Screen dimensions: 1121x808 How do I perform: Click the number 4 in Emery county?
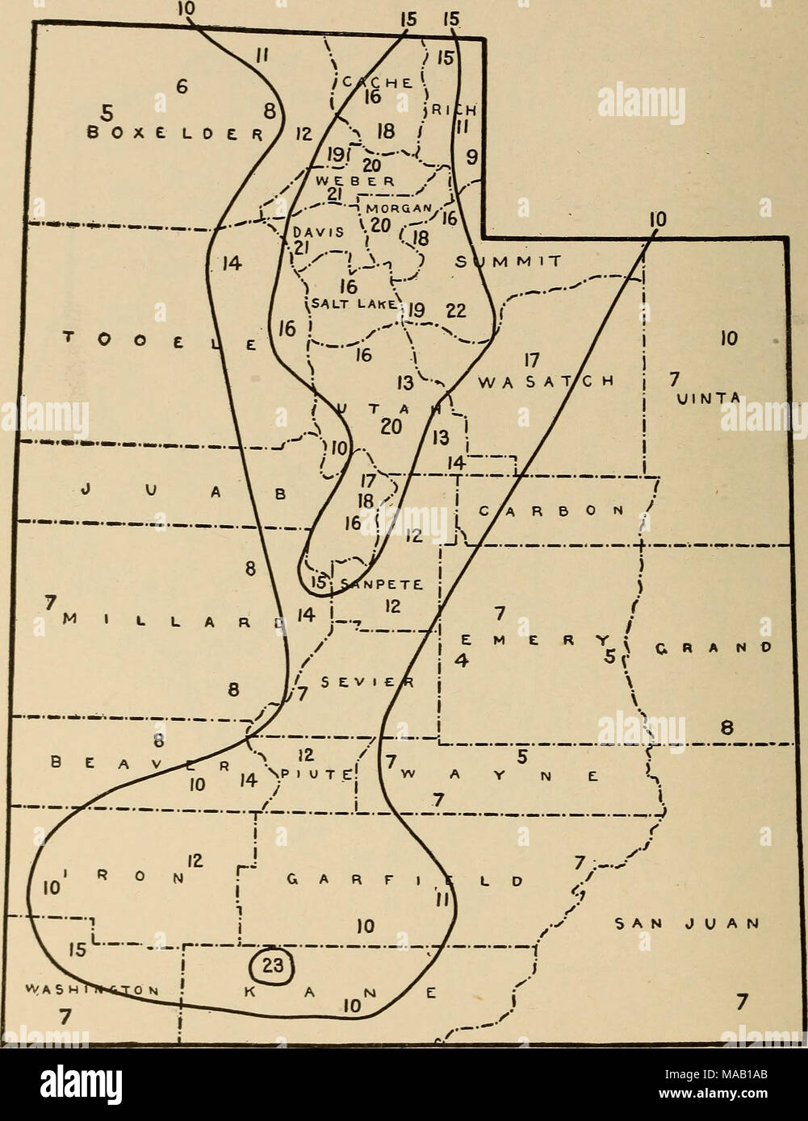(462, 661)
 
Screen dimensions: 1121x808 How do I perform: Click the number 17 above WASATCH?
(530, 358)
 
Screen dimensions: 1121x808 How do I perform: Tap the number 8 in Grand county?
(726, 728)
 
